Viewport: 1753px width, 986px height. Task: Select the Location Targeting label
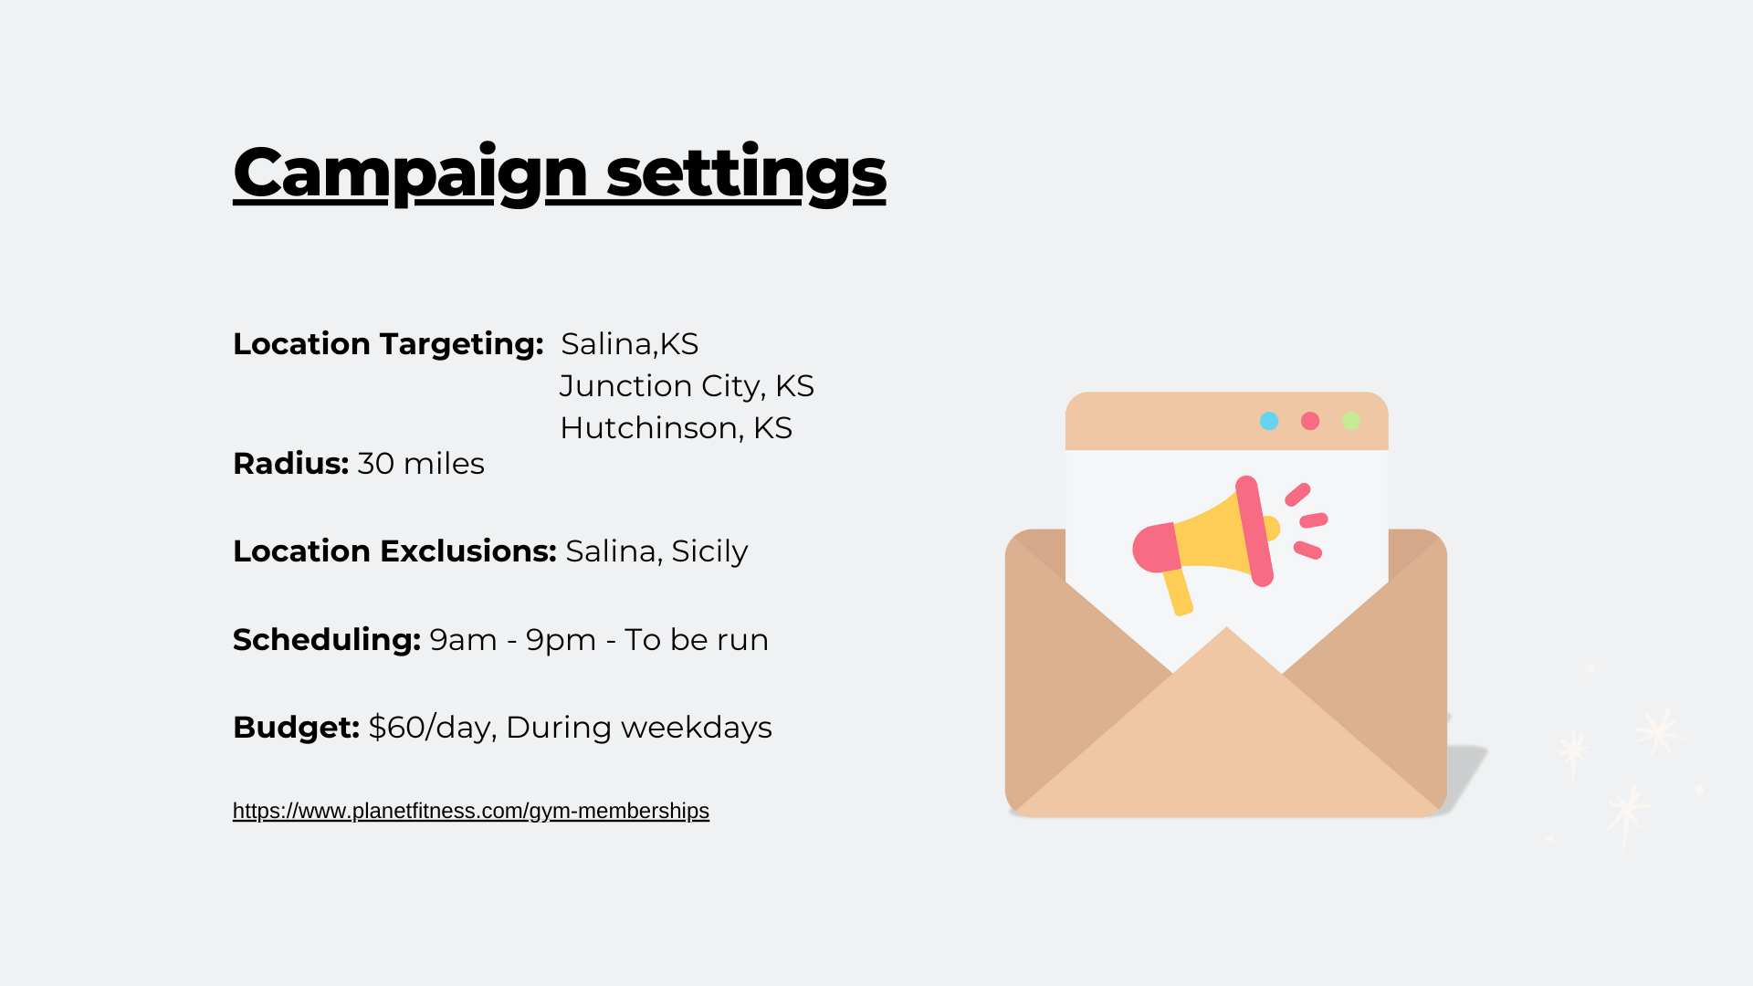point(388,344)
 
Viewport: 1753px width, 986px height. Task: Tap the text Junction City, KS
point(687,386)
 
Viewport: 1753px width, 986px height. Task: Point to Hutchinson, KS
point(676,428)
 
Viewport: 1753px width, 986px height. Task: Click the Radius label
point(290,464)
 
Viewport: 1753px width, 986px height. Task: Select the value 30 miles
point(421,464)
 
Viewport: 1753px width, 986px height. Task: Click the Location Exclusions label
point(394,551)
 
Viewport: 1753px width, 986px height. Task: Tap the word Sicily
point(709,552)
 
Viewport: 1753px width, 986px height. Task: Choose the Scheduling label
point(327,640)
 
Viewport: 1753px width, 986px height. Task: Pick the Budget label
point(296,728)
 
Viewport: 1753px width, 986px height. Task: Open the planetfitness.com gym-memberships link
point(471,811)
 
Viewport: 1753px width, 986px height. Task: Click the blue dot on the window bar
point(1269,421)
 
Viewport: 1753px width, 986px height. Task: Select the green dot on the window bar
point(1351,421)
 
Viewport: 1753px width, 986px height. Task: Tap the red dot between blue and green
point(1310,421)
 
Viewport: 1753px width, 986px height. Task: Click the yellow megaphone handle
point(1178,592)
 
